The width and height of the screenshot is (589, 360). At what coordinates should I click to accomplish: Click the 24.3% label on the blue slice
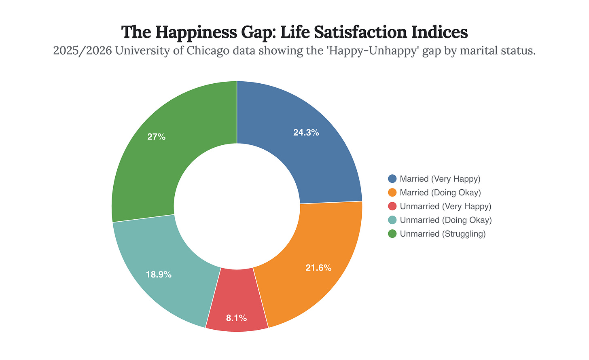click(306, 133)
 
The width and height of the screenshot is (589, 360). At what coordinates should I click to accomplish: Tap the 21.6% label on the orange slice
click(318, 268)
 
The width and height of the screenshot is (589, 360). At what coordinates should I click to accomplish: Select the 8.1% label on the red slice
click(236, 318)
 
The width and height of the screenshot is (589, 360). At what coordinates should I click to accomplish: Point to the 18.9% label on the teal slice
click(159, 275)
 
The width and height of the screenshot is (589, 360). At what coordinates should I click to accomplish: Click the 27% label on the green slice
click(156, 137)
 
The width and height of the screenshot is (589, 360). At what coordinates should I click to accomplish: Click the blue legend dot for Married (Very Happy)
click(392, 179)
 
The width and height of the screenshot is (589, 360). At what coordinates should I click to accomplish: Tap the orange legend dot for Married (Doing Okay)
click(392, 193)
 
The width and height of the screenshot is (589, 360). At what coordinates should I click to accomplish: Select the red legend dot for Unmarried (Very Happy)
click(392, 206)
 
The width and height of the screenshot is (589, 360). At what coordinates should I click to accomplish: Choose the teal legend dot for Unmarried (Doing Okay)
click(392, 220)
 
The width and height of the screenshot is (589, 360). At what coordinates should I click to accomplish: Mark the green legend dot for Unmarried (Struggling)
click(392, 234)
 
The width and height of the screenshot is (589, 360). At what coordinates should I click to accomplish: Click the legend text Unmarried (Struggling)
click(442, 234)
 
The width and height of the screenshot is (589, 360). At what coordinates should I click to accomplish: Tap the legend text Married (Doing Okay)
click(440, 193)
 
